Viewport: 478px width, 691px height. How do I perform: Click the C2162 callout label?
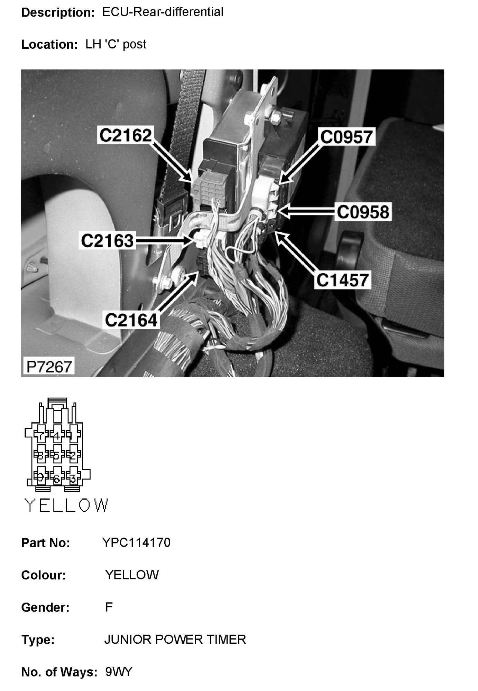tap(126, 135)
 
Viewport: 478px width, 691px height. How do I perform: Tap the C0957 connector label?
tap(347, 137)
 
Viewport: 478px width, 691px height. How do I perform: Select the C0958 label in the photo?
tap(363, 212)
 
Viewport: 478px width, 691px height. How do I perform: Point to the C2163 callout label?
tap(107, 240)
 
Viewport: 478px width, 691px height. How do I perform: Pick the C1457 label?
tap(343, 280)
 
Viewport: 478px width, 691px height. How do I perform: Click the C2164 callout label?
tap(131, 320)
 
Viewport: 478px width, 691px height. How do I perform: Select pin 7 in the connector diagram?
tap(40, 436)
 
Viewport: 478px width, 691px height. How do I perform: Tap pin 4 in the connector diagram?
tap(57, 435)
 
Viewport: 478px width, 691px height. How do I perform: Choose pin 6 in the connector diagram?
tap(57, 479)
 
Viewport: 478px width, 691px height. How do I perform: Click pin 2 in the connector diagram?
tap(73, 456)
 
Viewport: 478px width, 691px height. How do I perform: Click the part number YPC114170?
tap(136, 543)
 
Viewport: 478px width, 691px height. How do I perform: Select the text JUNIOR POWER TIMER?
tap(175, 640)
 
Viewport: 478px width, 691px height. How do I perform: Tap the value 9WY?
tap(119, 672)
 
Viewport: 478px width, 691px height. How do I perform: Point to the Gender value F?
tap(109, 607)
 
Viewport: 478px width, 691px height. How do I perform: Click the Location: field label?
tap(49, 45)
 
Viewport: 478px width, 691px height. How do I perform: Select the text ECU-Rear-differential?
tap(163, 12)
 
